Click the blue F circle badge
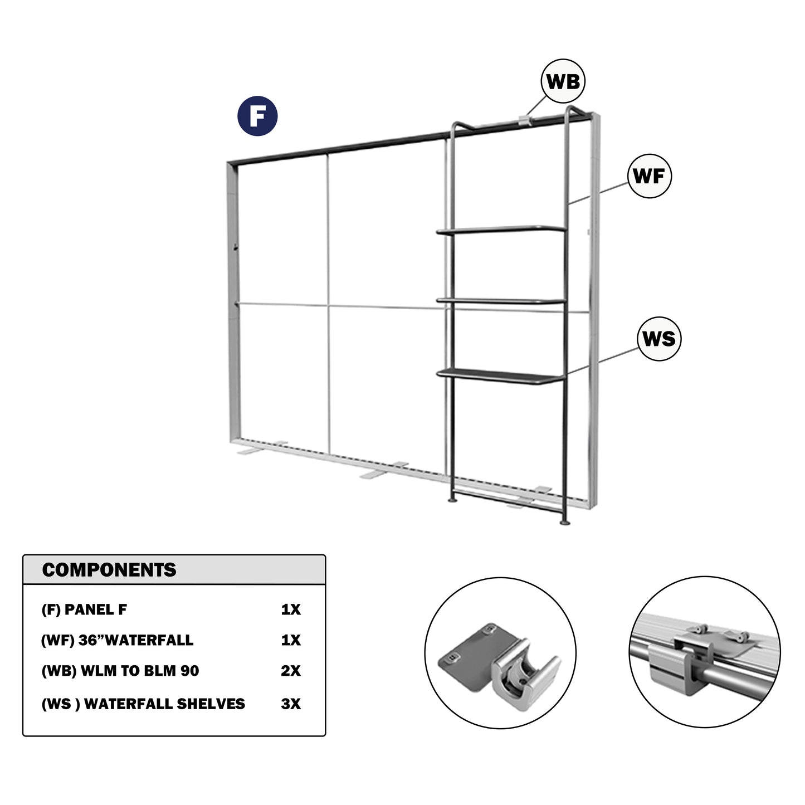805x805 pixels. [x=257, y=116]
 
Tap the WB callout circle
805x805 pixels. [x=563, y=81]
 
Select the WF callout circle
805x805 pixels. [x=649, y=176]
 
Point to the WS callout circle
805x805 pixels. [x=659, y=338]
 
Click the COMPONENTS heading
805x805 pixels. [x=109, y=570]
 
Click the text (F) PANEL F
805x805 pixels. [x=84, y=609]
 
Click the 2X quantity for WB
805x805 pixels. [x=291, y=671]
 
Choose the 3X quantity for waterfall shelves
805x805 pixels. [x=291, y=704]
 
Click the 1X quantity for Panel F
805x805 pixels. [x=291, y=609]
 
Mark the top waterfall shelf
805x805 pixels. [x=501, y=230]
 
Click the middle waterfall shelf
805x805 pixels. [x=501, y=300]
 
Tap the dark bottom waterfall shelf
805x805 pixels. [x=501, y=376]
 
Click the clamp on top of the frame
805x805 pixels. [x=525, y=120]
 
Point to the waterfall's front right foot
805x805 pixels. [x=564, y=522]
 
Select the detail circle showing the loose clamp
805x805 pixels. [x=500, y=653]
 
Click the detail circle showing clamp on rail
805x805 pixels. [x=704, y=652]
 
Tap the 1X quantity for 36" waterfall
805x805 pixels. [x=291, y=640]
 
